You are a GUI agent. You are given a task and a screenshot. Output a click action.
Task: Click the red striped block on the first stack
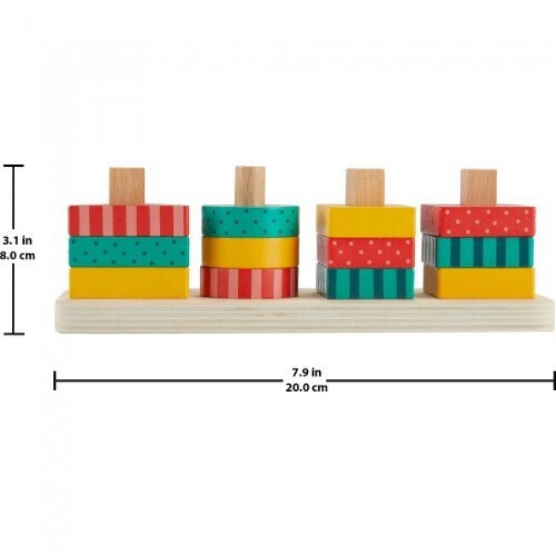[x=128, y=220]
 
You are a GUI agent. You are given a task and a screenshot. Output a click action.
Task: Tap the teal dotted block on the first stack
[x=128, y=251]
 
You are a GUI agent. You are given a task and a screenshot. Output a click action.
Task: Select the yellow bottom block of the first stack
[x=128, y=282]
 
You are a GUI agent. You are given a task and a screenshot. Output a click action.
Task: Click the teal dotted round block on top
[x=251, y=222]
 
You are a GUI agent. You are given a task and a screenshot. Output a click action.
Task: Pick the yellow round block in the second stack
[x=251, y=252]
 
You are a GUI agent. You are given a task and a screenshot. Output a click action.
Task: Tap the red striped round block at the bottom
[x=249, y=282]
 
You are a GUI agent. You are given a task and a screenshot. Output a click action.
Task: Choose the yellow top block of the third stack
[x=365, y=221]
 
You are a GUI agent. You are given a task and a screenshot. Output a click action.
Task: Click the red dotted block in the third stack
[x=365, y=252]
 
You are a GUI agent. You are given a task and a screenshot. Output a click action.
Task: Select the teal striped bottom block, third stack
[x=365, y=282]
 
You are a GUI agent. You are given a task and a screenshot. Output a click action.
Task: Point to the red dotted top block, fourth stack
[x=478, y=222]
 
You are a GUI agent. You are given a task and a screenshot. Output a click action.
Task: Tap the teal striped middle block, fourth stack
[x=477, y=251]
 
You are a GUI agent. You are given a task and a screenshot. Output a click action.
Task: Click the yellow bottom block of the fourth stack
[x=479, y=282]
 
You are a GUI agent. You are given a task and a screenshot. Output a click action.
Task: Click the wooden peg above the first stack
[x=127, y=186]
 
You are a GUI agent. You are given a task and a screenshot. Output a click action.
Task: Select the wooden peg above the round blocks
[x=250, y=186]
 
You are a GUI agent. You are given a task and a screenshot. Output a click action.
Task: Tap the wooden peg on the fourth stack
[x=478, y=187]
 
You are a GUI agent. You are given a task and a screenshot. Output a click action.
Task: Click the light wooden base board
[x=305, y=313]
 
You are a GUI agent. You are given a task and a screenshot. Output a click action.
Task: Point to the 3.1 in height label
[x=17, y=240]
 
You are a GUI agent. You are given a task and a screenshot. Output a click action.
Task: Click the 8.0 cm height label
[x=17, y=256]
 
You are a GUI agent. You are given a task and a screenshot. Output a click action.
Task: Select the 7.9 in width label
[x=307, y=372]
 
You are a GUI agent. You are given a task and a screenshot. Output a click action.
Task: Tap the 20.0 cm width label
[x=307, y=387]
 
